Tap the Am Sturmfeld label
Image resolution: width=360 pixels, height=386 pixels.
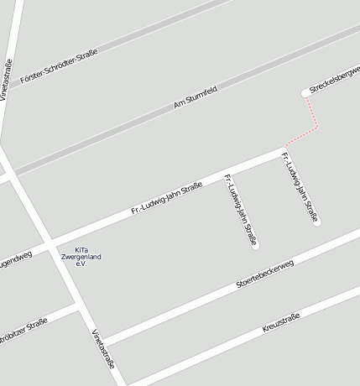[x=195, y=96]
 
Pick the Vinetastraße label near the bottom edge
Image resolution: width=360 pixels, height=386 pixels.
[x=102, y=347]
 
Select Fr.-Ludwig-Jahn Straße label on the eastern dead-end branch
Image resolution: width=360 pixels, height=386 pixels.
[x=300, y=187]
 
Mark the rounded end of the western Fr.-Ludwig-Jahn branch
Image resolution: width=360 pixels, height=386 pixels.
[x=255, y=246]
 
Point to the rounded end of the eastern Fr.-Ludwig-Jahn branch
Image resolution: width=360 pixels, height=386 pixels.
[x=316, y=222]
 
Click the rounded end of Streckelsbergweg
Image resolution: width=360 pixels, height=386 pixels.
[x=305, y=92]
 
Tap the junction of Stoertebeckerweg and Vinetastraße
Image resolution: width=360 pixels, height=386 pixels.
[x=100, y=342]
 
